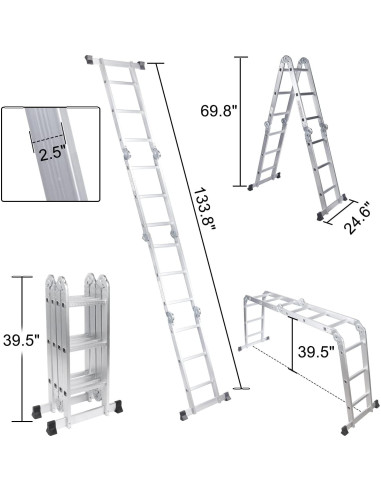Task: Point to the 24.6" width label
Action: [x=339, y=213]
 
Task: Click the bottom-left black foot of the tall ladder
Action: [x=182, y=413]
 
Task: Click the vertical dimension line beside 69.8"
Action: [x=241, y=120]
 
